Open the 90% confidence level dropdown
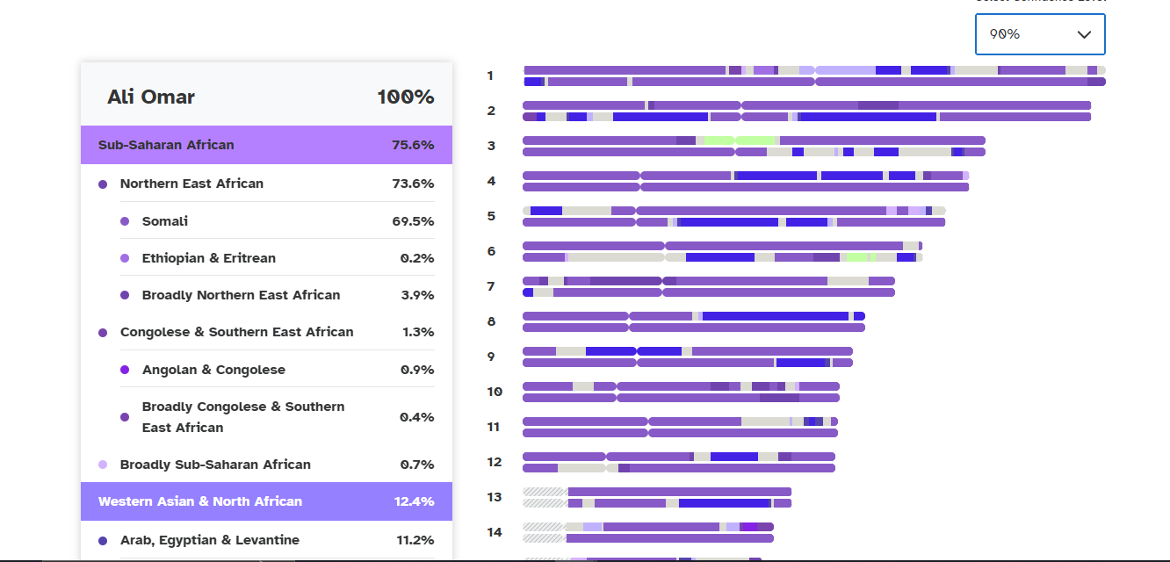pyautogui.click(x=1039, y=34)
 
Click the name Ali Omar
pyautogui.click(x=151, y=97)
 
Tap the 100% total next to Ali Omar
pyautogui.click(x=405, y=97)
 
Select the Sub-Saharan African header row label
pyautogui.click(x=166, y=145)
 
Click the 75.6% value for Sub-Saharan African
pyautogui.click(x=413, y=145)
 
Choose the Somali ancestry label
pyautogui.click(x=165, y=221)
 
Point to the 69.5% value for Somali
pyautogui.click(x=413, y=221)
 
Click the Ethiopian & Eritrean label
pyautogui.click(x=209, y=258)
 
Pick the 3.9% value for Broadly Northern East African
pyautogui.click(x=417, y=295)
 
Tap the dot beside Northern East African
pyautogui.click(x=103, y=184)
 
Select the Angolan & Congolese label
pyautogui.click(x=213, y=370)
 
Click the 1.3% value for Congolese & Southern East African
pyautogui.click(x=417, y=332)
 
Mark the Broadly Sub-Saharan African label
pyautogui.click(x=215, y=465)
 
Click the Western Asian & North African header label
pyautogui.click(x=200, y=501)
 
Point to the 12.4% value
pyautogui.click(x=414, y=501)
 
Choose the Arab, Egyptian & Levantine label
pyautogui.click(x=210, y=540)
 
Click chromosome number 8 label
pyautogui.click(x=492, y=321)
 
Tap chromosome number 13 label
pyautogui.click(x=495, y=497)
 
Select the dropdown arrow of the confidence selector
pyautogui.click(x=1084, y=34)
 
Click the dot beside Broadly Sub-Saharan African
pyautogui.click(x=103, y=465)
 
